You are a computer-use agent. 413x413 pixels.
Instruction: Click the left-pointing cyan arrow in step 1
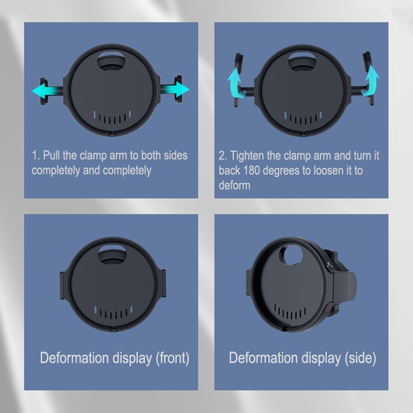(x=46, y=91)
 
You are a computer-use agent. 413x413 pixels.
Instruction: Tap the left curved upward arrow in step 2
(x=234, y=82)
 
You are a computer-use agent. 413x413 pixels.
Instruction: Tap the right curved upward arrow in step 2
(x=371, y=81)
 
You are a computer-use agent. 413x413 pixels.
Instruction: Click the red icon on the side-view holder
(x=328, y=308)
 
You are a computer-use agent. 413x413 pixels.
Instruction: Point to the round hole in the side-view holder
(x=291, y=255)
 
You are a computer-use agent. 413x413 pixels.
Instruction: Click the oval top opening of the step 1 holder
(x=112, y=60)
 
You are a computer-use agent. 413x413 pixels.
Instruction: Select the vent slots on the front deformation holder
(x=113, y=312)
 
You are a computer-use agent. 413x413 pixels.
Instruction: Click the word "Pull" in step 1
(x=51, y=155)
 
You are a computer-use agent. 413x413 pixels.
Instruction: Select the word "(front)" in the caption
(x=172, y=358)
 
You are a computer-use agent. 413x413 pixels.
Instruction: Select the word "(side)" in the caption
(x=360, y=358)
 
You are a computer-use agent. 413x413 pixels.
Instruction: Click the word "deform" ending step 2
(x=234, y=185)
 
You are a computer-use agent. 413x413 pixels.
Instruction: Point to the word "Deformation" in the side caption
(x=264, y=358)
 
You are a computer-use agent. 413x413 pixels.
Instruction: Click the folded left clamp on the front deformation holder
(x=63, y=285)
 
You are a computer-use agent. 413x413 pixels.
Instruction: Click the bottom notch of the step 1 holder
(x=112, y=134)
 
